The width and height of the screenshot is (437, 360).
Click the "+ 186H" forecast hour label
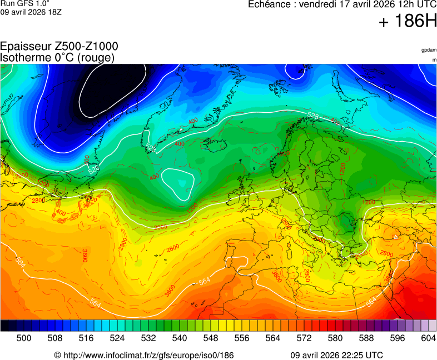(408, 22)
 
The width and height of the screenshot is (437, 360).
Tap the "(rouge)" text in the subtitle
(96, 57)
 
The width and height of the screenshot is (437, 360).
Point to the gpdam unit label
(429, 50)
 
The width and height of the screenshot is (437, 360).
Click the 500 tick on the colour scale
(24, 337)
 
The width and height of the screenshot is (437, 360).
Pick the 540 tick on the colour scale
(180, 337)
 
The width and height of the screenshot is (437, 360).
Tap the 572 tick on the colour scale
(304, 337)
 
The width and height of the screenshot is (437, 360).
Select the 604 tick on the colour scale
(428, 337)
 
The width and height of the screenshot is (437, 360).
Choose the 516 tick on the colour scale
(86, 337)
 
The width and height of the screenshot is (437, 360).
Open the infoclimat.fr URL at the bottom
(148, 355)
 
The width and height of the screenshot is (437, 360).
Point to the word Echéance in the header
(270, 4)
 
